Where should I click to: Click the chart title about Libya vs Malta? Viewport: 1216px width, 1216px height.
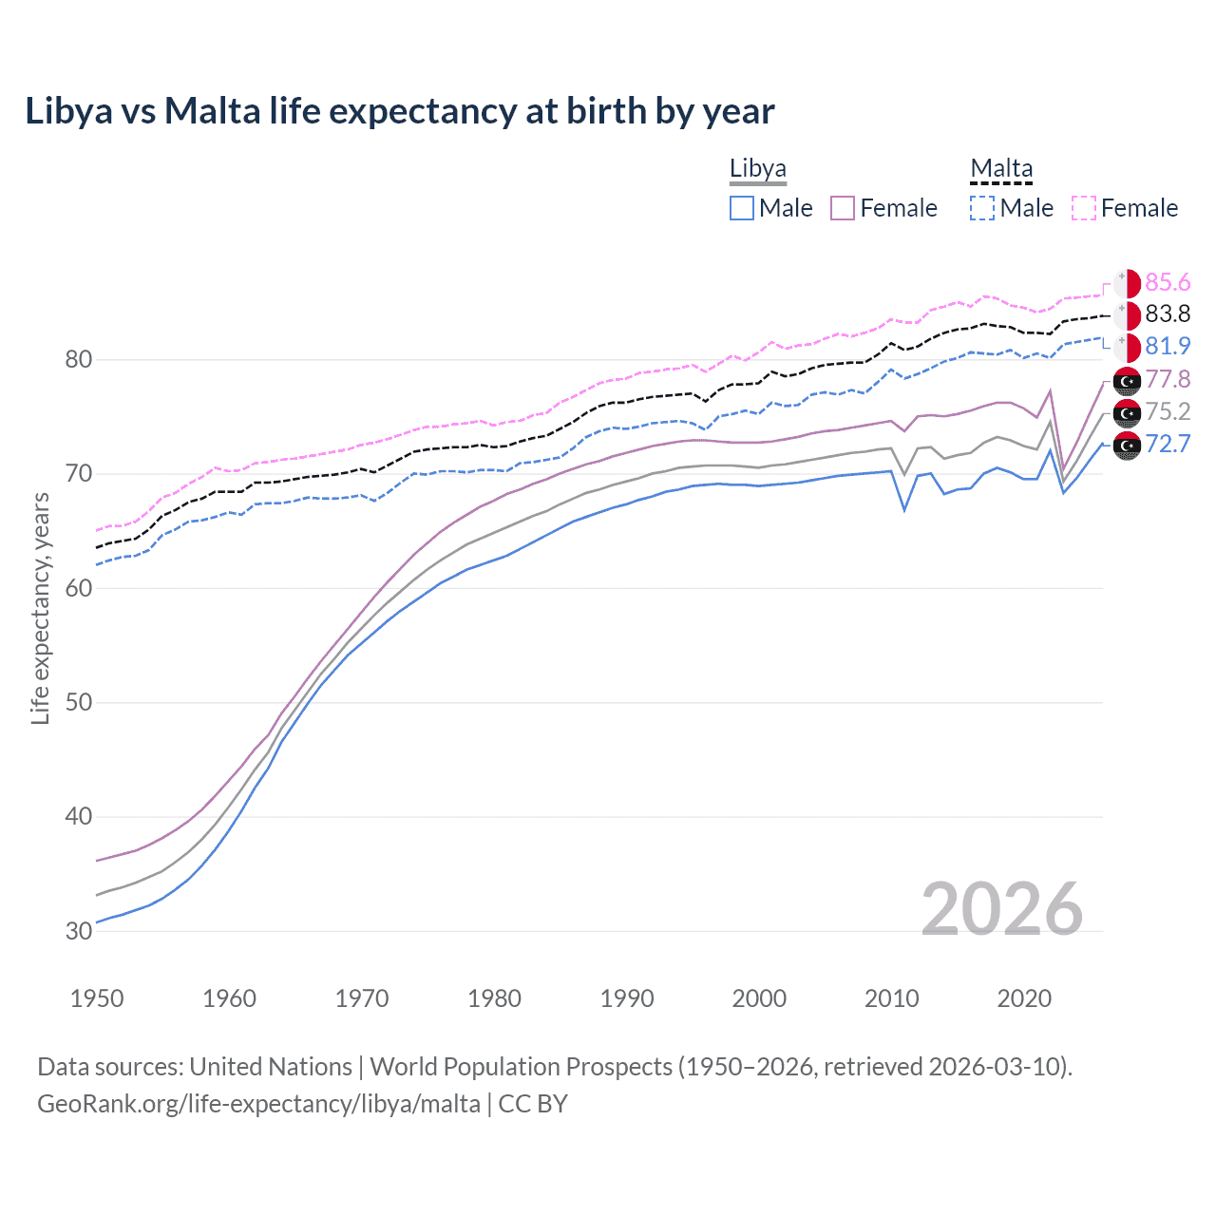(399, 111)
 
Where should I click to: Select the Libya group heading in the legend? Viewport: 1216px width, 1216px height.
(757, 168)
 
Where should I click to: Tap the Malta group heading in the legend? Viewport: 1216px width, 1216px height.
(1000, 168)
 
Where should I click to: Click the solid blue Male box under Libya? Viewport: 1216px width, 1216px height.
(742, 208)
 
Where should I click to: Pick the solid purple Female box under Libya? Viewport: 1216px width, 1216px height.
(843, 208)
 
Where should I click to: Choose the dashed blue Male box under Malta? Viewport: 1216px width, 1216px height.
(982, 208)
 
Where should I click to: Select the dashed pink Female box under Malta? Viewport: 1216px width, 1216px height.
(1084, 208)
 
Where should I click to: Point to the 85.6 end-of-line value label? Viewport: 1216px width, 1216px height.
(1168, 282)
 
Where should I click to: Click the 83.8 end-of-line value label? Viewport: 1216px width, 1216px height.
(1168, 313)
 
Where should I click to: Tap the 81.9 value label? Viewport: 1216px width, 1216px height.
(1168, 346)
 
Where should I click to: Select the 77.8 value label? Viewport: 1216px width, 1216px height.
(1168, 379)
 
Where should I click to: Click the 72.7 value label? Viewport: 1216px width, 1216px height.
(1168, 444)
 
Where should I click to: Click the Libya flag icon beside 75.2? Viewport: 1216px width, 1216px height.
(1127, 412)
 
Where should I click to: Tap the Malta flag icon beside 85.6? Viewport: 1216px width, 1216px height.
(1127, 283)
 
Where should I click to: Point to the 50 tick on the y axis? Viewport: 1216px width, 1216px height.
(79, 702)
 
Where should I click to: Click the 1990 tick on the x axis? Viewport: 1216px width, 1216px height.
(627, 998)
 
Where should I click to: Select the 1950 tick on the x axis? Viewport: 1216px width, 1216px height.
(97, 998)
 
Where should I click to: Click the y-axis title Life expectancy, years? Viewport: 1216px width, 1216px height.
(40, 608)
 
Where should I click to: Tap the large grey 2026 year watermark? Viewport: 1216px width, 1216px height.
(1001, 909)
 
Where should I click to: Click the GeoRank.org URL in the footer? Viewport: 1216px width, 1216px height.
(258, 1104)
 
